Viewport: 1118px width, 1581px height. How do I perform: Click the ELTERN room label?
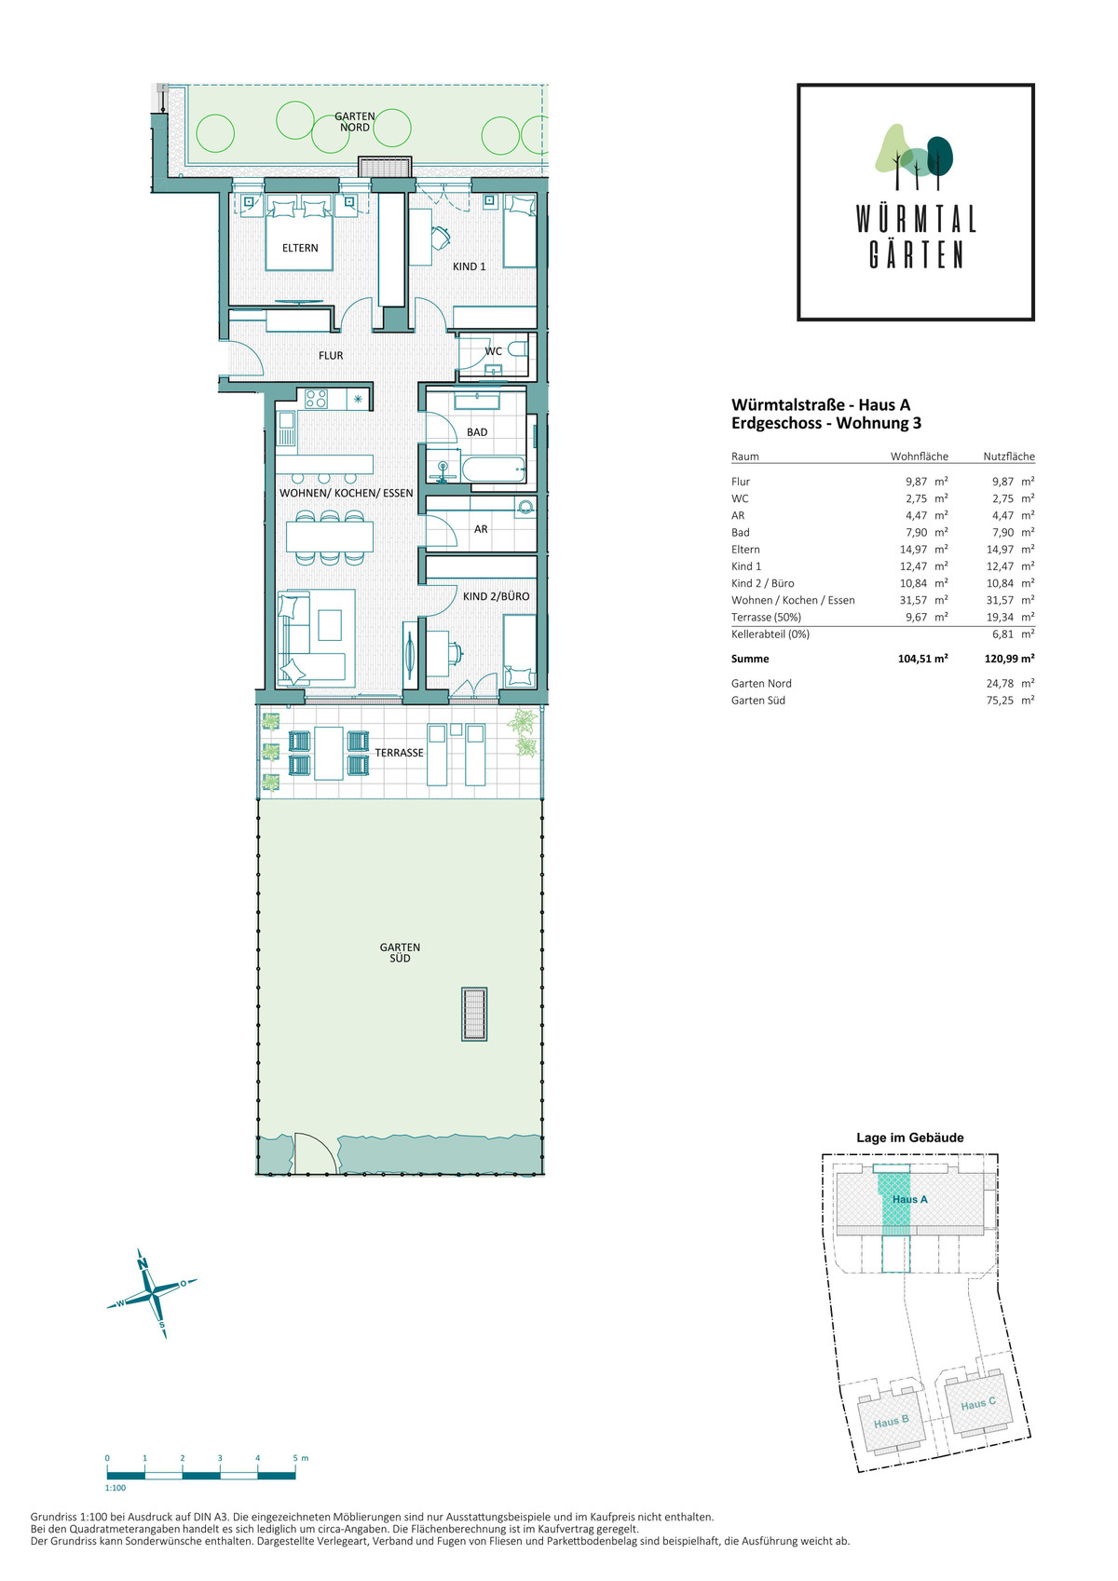pyautogui.click(x=300, y=248)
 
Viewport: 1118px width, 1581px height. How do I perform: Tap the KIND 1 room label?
pyautogui.click(x=469, y=266)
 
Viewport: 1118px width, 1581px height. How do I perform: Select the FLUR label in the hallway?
pyautogui.click(x=331, y=356)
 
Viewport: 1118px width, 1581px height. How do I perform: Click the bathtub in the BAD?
pyautogui.click(x=494, y=469)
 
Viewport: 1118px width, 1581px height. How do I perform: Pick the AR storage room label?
pyautogui.click(x=481, y=528)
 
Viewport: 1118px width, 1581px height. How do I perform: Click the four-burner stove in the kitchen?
pyautogui.click(x=316, y=399)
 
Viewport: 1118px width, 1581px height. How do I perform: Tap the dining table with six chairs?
pyautogui.click(x=330, y=537)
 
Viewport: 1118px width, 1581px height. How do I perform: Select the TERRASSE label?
pyautogui.click(x=399, y=753)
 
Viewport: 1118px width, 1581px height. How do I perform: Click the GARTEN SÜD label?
pyautogui.click(x=400, y=952)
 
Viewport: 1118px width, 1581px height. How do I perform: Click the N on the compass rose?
pyautogui.click(x=142, y=1262)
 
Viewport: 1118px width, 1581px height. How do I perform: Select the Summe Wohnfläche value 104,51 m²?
pyautogui.click(x=922, y=659)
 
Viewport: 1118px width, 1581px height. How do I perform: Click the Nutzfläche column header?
pyautogui.click(x=1009, y=457)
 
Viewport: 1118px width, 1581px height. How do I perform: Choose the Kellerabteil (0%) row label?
pyautogui.click(x=770, y=634)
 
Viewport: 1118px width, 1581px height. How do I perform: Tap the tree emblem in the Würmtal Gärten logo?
pyautogui.click(x=914, y=157)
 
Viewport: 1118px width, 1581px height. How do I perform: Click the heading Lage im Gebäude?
pyautogui.click(x=910, y=1137)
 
